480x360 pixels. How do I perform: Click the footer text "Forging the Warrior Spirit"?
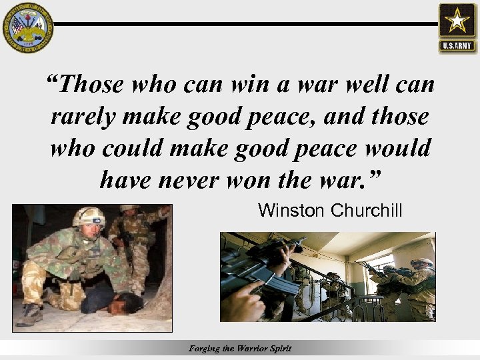240,349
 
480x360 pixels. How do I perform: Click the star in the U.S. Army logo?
457,22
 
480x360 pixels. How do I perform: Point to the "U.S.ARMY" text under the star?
457,47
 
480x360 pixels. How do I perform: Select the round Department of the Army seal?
27,27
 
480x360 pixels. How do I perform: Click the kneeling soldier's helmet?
89,217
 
